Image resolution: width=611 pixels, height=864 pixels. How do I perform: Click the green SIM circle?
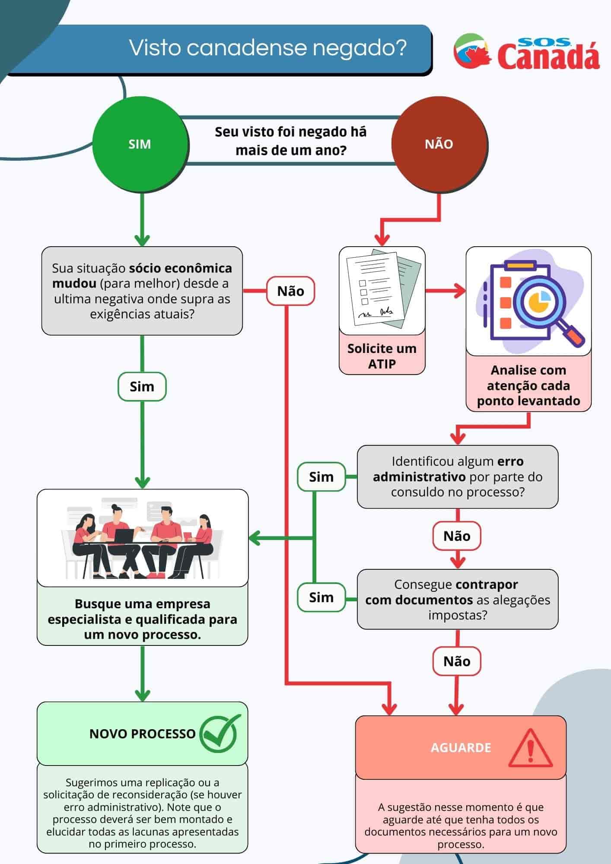pos(140,144)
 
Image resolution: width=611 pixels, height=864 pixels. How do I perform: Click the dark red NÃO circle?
pos(439,144)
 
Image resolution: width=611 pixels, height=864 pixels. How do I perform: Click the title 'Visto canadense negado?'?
pos(268,48)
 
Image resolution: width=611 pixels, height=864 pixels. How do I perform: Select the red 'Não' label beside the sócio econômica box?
pos(290,291)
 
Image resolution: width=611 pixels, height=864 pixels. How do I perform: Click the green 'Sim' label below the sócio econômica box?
pos(142,387)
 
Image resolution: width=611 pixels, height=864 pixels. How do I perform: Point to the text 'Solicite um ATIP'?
pos(382,356)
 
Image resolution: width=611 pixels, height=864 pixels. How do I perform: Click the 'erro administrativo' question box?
pos(457,476)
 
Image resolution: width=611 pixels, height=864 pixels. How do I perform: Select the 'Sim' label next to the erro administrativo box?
pos(321,477)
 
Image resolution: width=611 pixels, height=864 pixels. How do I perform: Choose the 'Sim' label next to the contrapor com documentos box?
pos(321,597)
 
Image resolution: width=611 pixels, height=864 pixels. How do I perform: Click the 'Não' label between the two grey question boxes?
pos(457,536)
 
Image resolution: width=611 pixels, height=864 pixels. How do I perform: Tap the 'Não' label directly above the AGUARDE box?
pos(457,661)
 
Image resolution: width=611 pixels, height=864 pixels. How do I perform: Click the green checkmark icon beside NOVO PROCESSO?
pos(219,734)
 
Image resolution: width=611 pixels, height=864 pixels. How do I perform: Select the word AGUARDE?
pos(461,748)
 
